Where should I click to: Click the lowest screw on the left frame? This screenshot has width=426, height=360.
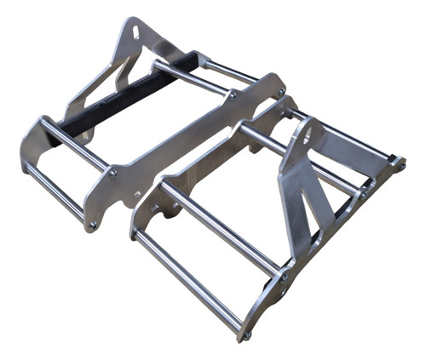[x=92, y=226]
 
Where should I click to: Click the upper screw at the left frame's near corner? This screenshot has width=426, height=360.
[x=112, y=174]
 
